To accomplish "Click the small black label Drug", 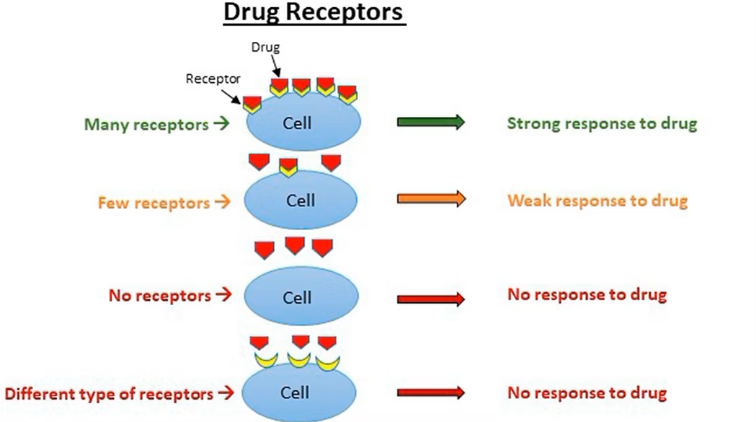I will (x=264, y=48).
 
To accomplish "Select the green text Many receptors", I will (x=146, y=124).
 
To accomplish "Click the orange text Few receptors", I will (x=154, y=202).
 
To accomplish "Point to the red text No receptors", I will (x=160, y=295).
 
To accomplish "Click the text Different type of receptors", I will (x=110, y=394).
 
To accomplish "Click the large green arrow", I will (x=431, y=122).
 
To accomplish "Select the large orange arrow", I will (x=431, y=199).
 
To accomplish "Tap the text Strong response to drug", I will (x=602, y=123).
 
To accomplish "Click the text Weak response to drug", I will (x=597, y=200).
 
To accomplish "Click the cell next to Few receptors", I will (x=301, y=201).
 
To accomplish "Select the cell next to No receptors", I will (x=301, y=297).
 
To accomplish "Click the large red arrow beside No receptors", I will (x=431, y=298).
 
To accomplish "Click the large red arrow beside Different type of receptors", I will (x=431, y=393).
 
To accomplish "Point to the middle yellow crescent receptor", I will (x=299, y=359).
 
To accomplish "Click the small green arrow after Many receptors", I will (x=221, y=124).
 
